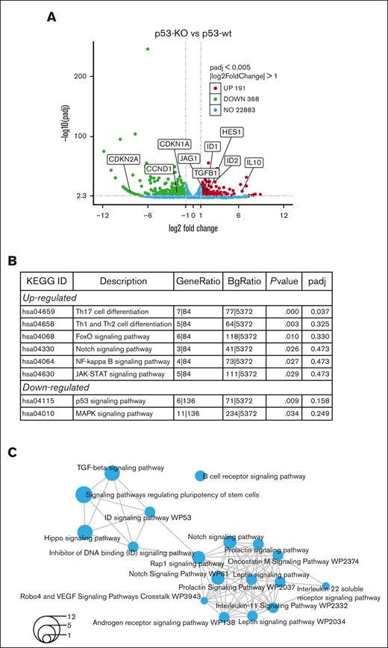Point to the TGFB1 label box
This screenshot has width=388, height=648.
pyautogui.click(x=206, y=173)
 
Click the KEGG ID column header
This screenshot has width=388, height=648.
pyautogui.click(x=46, y=281)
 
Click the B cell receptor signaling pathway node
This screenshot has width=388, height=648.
pyautogui.click(x=200, y=476)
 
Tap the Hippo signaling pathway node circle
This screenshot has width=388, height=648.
pyautogui.click(x=85, y=532)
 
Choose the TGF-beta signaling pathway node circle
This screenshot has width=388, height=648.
pyautogui.click(x=112, y=473)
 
